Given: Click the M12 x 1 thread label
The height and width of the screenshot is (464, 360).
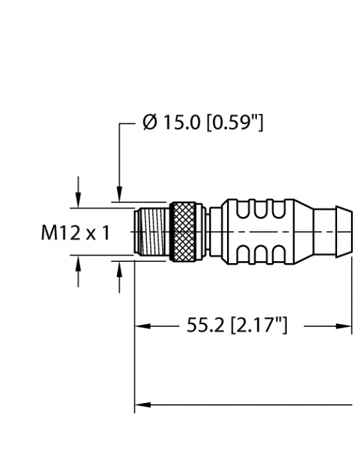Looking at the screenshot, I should (76, 233).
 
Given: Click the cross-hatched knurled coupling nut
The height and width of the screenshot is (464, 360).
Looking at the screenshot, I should (184, 231).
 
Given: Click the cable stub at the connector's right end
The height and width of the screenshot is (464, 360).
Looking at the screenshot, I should (333, 231).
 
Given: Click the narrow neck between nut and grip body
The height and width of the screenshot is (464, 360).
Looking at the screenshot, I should (212, 231).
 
